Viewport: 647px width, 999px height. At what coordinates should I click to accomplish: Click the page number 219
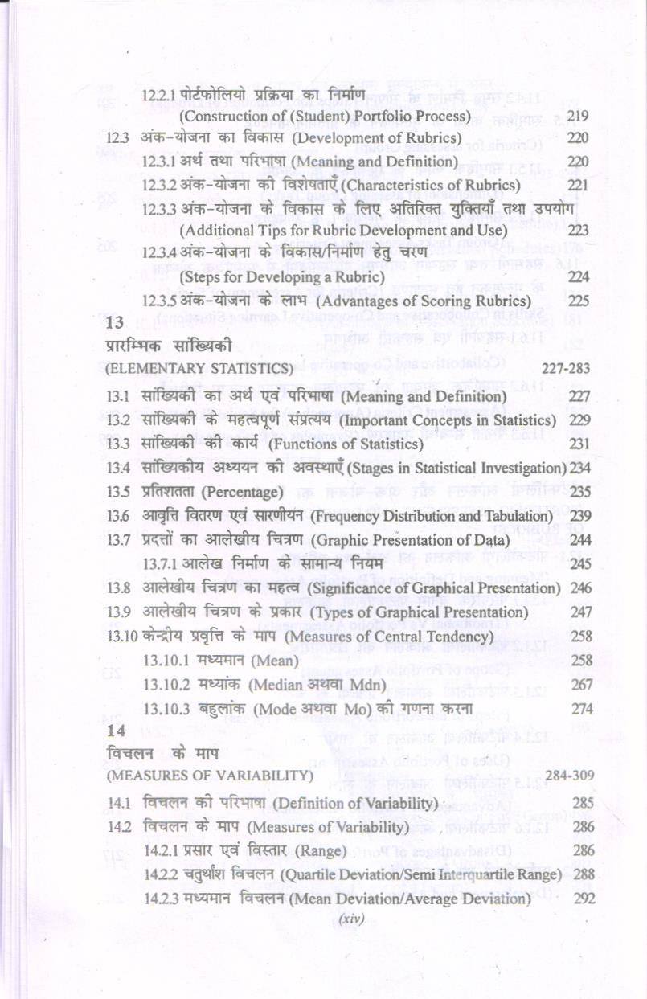(578, 116)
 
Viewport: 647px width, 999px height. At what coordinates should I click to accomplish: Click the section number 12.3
(117, 138)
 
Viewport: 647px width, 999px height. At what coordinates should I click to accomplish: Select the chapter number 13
(114, 325)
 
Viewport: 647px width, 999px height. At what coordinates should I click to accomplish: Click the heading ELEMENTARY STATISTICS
(200, 369)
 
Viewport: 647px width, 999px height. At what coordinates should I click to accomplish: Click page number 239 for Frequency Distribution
(580, 515)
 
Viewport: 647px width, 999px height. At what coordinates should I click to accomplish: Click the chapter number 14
(114, 731)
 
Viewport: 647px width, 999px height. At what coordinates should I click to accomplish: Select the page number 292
(584, 899)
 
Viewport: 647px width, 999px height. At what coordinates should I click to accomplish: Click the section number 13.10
(121, 637)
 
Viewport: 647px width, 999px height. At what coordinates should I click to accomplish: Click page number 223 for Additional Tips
(579, 231)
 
